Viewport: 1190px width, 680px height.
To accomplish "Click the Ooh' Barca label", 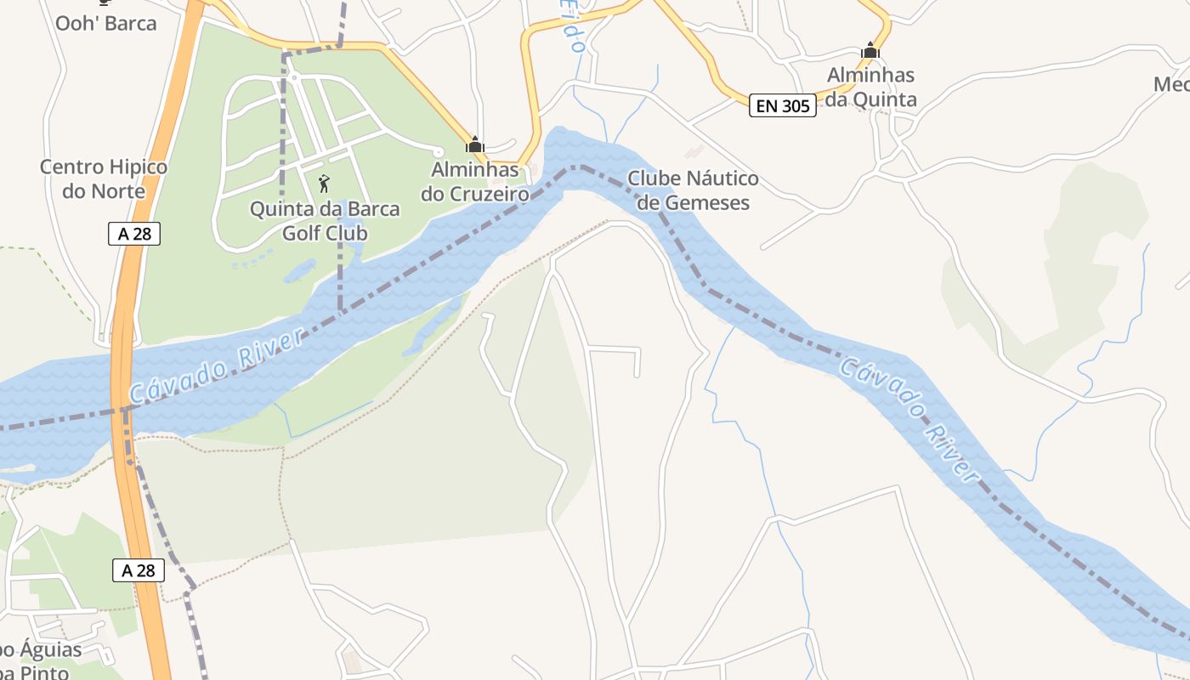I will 105,23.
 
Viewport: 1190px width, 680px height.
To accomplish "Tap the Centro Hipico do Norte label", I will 104,178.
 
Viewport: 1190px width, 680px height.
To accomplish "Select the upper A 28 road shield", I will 134,234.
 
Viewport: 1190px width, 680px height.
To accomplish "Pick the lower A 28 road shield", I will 139,570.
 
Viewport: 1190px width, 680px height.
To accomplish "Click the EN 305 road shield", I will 782,106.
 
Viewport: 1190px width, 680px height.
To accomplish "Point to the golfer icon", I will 323,184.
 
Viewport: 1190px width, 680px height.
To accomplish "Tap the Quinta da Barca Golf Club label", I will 325,220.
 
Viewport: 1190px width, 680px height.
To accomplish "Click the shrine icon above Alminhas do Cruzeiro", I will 475,145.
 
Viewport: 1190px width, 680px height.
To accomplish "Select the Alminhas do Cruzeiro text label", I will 475,182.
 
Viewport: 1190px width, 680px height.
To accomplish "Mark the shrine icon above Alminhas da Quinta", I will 870,51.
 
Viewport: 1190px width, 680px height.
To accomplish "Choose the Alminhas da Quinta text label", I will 871,88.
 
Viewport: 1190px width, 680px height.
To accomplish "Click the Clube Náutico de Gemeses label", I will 693,190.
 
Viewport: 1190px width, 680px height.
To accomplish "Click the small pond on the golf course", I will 299,272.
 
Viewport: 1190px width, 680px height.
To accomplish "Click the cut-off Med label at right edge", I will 1171,84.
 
